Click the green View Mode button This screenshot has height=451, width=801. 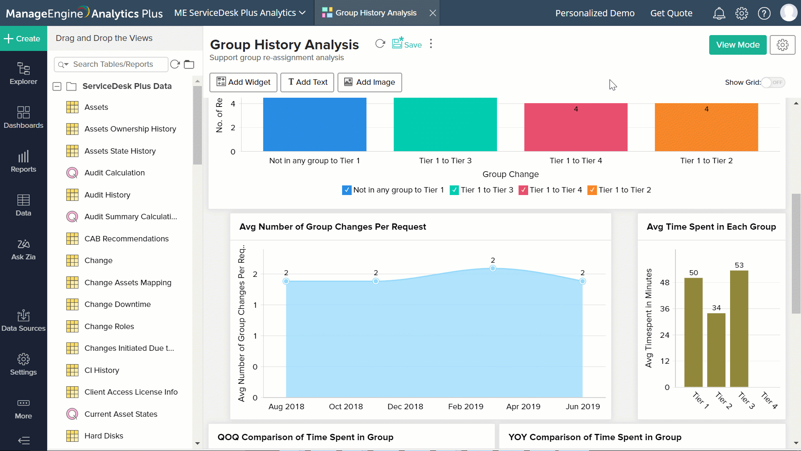737,45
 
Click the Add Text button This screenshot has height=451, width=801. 307,82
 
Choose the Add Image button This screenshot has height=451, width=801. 369,82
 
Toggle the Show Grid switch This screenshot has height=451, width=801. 773,82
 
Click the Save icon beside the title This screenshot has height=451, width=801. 406,44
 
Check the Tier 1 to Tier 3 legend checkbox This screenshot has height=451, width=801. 454,190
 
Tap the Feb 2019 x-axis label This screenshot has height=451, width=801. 466,406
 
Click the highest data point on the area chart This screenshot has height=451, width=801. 493,269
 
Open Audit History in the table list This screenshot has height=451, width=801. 107,195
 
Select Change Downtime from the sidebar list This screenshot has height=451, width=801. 117,304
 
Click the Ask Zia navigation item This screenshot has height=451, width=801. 23,249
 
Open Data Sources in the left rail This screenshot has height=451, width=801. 23,320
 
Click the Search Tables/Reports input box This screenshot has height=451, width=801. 117,64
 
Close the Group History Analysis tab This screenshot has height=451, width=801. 433,13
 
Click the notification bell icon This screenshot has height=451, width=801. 719,13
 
